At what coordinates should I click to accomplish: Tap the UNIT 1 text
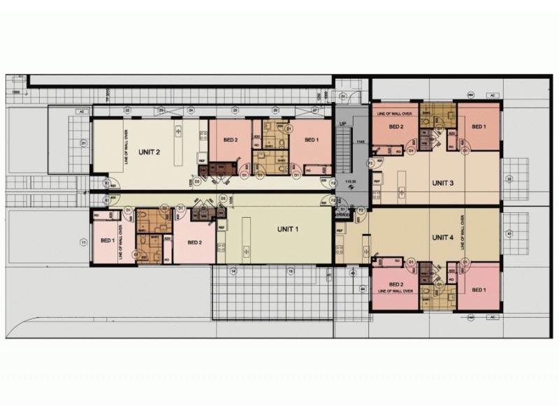coord(288,229)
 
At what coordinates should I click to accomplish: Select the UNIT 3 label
coord(442,184)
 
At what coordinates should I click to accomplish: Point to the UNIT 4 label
coord(442,237)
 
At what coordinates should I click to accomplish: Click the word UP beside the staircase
coord(342,124)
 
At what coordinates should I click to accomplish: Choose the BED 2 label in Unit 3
coord(396,126)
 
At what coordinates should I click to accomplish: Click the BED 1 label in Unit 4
coord(479,289)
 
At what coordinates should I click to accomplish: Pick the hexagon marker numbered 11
coord(83,242)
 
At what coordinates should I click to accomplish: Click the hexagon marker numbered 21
coord(83,143)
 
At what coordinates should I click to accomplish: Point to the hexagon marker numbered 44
coord(362,288)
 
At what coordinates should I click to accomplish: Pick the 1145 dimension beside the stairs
coord(361,142)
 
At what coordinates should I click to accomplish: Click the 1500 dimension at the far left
coord(15,91)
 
